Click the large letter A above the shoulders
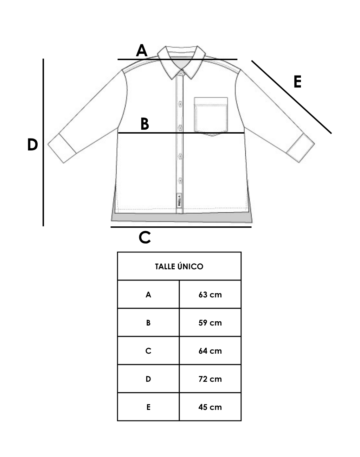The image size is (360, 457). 142,51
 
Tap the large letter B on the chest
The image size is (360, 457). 144,124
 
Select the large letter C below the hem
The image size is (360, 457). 145,238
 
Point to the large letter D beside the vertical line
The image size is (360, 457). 32,145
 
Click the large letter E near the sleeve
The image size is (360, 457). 297,82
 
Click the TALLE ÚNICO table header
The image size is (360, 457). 179,266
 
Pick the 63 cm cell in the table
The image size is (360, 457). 210,295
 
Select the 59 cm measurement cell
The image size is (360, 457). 210,323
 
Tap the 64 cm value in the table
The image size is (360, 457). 210,351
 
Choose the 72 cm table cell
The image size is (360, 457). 210,379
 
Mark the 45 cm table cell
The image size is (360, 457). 210,407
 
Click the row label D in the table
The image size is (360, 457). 148,379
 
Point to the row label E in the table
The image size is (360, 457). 148,407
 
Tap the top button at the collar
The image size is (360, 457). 181,73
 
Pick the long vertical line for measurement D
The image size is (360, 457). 43,142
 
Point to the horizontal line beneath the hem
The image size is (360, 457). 181,227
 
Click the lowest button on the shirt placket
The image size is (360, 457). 180,181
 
